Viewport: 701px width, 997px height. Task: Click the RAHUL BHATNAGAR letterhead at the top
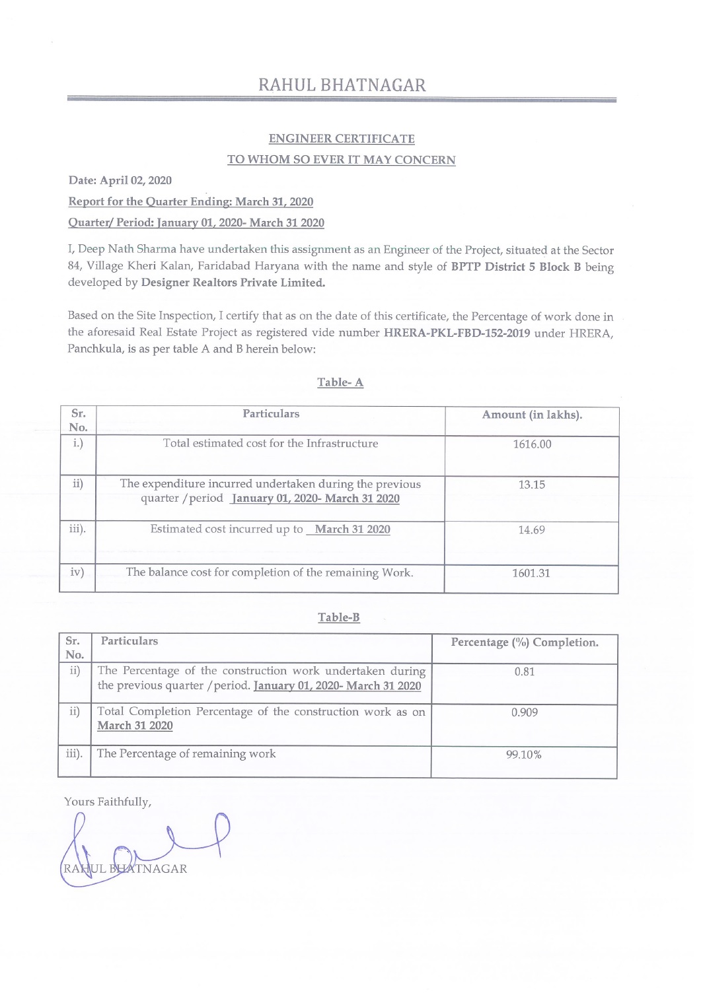click(x=342, y=85)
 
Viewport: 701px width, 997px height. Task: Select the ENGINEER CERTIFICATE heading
click(x=342, y=139)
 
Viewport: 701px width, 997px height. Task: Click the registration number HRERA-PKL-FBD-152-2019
click(x=457, y=333)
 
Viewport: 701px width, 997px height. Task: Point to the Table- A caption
click(x=340, y=382)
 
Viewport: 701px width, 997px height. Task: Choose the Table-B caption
click(x=339, y=617)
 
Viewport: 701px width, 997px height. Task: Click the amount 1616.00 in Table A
click(x=532, y=444)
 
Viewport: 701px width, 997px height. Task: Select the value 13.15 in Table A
click(x=532, y=485)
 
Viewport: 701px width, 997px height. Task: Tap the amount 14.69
click(x=532, y=530)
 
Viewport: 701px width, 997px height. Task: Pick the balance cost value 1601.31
click(x=531, y=573)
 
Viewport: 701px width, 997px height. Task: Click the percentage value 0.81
click(x=525, y=671)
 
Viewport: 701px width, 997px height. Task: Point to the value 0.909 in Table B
click(x=525, y=712)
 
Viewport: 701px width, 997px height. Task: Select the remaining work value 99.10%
click(x=524, y=755)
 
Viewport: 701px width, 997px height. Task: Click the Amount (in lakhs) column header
click(x=532, y=415)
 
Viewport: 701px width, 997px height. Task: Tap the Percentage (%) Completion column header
click(x=525, y=642)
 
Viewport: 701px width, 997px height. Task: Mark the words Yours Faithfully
click(x=108, y=802)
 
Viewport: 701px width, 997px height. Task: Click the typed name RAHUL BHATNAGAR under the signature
click(x=126, y=869)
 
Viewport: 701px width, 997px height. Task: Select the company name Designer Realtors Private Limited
click(x=233, y=283)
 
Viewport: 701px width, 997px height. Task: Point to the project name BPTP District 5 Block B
click(x=516, y=267)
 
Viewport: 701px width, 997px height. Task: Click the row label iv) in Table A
click(x=77, y=572)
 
